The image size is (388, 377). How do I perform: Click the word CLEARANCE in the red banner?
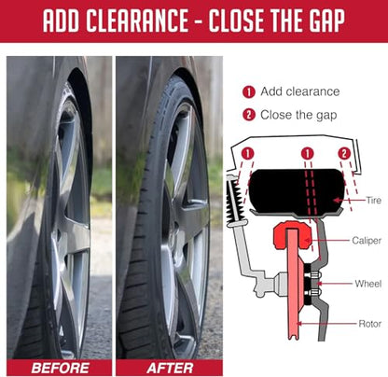(x=137, y=21)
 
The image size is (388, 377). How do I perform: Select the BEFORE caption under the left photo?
(x=60, y=369)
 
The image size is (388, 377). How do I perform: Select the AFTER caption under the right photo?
(x=170, y=369)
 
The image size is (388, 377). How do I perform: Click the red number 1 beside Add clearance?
(x=249, y=92)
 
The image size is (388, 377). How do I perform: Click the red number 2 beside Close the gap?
(x=249, y=115)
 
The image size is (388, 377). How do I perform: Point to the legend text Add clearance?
(x=300, y=91)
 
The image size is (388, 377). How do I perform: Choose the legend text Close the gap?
(x=298, y=115)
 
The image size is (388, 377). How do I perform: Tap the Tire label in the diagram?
(x=373, y=200)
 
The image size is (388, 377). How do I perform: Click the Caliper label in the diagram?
(x=367, y=241)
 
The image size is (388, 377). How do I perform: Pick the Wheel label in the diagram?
(x=368, y=284)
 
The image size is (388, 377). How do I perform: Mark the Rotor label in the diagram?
(x=370, y=324)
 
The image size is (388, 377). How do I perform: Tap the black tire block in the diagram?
(x=297, y=192)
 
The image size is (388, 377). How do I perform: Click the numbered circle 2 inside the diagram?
(x=344, y=154)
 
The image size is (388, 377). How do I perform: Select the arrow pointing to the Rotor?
(x=326, y=324)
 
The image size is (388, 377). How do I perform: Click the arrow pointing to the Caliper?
(x=326, y=240)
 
